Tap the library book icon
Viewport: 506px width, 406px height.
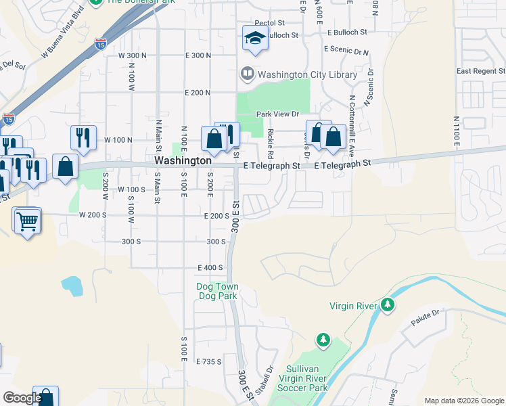click(248, 73)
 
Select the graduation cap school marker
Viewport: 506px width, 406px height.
click(255, 39)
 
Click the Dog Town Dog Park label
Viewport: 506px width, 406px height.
click(217, 291)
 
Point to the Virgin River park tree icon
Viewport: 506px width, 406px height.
click(387, 305)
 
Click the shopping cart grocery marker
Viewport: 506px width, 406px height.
click(27, 219)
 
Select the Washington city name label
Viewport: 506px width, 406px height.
click(183, 161)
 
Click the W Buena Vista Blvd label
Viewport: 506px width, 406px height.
click(64, 32)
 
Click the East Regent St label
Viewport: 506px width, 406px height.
click(480, 71)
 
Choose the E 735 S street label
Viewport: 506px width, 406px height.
click(209, 362)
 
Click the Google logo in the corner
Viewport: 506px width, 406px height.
click(22, 397)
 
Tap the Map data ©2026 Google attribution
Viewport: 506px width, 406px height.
click(464, 401)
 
